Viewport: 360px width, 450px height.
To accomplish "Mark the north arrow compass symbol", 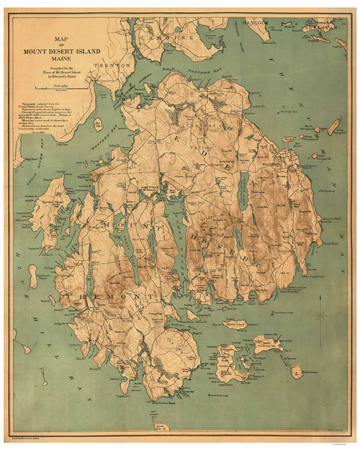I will point(321,315).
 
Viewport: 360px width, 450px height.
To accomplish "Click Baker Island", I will point(296,371).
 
